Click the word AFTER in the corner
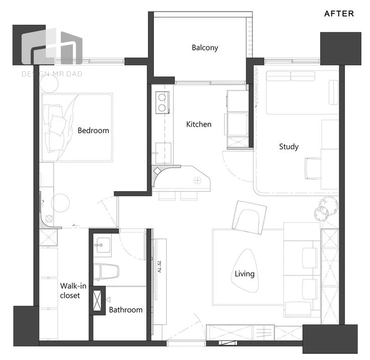pos(339,14)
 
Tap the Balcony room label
pos(205,48)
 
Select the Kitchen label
pos(199,124)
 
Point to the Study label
pos(289,147)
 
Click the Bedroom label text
pos(93,130)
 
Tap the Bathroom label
pos(126,310)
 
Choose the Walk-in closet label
pos(73,291)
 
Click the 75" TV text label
pos(159,266)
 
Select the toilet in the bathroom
pos(106,272)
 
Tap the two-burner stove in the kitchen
pos(162,103)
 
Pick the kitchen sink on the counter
pos(163,153)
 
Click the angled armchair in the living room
pos(249,217)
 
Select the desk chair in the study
pos(313,168)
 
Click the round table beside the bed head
pos(49,83)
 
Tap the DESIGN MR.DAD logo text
pos(52,74)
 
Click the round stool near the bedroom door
pos(60,203)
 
